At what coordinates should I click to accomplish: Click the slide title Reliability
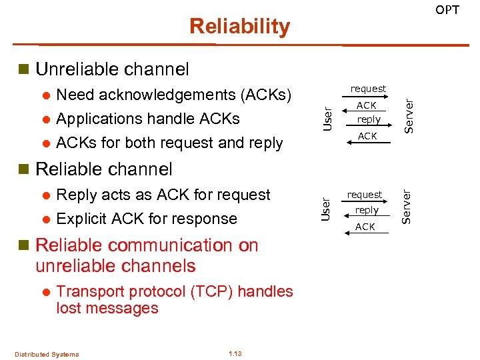click(239, 26)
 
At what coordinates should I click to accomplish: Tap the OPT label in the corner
click(447, 9)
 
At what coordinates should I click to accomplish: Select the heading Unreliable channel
click(112, 69)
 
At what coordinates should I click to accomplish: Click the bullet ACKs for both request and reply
click(169, 143)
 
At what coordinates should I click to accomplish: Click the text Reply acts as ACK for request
click(163, 195)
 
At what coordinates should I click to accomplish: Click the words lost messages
click(107, 308)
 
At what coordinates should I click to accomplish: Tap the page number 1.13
click(235, 353)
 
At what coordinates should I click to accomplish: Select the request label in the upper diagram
click(368, 89)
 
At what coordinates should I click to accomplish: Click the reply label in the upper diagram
click(368, 120)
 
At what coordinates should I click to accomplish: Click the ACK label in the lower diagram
click(365, 227)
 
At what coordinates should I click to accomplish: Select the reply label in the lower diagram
click(366, 210)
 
